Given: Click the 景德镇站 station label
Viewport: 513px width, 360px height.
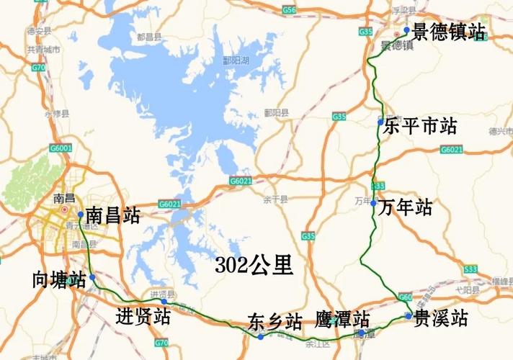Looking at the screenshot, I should (x=448, y=32).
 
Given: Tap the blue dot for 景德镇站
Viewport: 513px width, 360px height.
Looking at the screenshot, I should (x=407, y=30).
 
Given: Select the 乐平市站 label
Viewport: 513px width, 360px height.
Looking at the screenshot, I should (x=421, y=127).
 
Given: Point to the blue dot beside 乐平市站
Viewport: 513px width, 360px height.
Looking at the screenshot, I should (x=380, y=123).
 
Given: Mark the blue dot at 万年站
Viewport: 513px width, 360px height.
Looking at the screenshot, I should (x=374, y=203).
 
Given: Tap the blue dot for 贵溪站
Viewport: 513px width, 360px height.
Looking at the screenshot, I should (x=408, y=315).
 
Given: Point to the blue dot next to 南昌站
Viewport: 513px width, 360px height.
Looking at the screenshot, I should (x=80, y=215).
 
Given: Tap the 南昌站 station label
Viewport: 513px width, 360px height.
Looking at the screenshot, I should (x=112, y=215).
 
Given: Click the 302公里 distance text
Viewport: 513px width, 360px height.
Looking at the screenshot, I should (x=254, y=266).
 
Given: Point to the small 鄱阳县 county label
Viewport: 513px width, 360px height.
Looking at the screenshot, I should (x=276, y=113).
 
